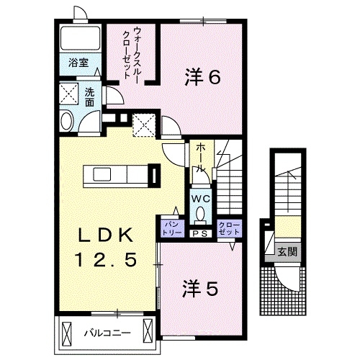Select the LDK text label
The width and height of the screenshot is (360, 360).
[106, 235]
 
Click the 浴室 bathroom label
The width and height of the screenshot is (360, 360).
[78, 64]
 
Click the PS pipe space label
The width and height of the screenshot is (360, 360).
[199, 233]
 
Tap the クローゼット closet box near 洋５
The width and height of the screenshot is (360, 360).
[228, 229]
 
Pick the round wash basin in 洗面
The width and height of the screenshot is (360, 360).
[66, 120]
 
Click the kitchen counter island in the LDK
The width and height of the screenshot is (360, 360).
[115, 175]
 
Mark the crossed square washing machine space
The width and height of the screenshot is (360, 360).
[70, 94]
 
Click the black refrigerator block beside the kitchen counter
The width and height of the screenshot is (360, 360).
[153, 175]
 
